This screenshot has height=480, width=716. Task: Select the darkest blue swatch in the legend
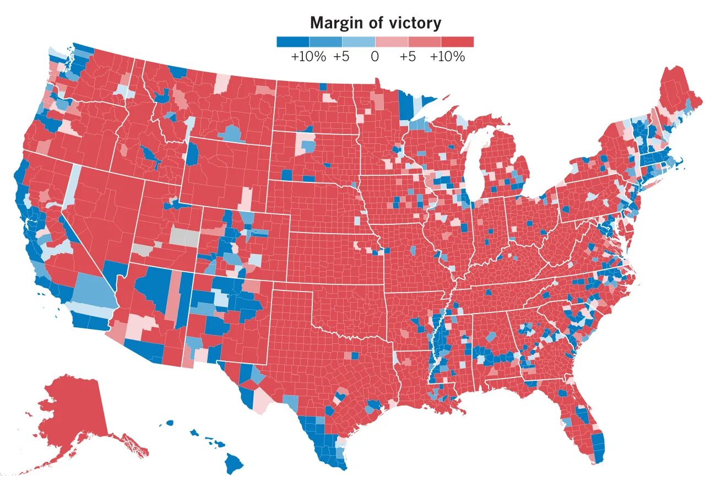coord(292,42)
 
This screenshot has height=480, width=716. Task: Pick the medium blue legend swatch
coord(326,42)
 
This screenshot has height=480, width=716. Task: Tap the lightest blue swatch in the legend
coord(359,42)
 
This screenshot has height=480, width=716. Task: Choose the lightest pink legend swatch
coord(392,42)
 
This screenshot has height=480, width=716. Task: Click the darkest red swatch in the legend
coord(457,42)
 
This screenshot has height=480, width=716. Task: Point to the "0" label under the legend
coord(375,57)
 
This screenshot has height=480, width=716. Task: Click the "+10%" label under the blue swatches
coord(308,57)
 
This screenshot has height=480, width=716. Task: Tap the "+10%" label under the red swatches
coord(447,57)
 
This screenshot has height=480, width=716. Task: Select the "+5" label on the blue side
coord(341,57)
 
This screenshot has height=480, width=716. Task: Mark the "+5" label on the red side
coord(408,57)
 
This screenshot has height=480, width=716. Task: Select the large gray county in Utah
coord(185,237)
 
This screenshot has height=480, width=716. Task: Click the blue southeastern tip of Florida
coord(600,446)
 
